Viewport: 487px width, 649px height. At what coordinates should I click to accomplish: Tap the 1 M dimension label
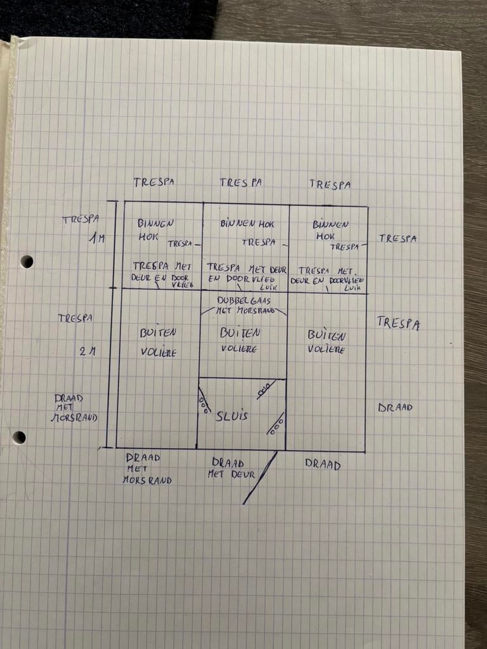click(x=96, y=240)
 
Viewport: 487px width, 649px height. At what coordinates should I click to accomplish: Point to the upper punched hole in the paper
click(x=27, y=261)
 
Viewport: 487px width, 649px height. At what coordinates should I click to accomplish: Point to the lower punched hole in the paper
click(x=20, y=437)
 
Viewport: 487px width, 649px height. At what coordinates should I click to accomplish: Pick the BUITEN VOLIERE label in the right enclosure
click(x=327, y=341)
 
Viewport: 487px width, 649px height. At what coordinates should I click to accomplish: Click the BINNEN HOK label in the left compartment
click(x=155, y=229)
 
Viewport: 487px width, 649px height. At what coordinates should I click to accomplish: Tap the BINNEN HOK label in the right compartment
click(x=330, y=229)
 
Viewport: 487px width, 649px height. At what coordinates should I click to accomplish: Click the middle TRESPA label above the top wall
click(x=241, y=183)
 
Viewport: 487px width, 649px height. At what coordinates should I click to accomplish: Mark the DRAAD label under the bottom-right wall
click(x=323, y=465)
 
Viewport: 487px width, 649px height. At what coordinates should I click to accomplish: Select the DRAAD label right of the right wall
click(x=395, y=408)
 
